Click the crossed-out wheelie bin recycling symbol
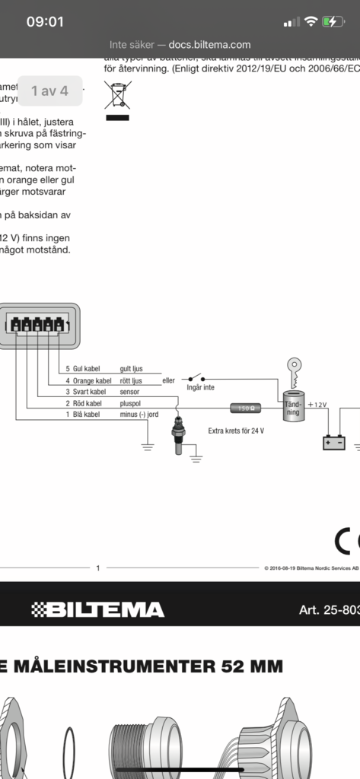[x=116, y=100]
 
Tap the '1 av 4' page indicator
[x=50, y=91]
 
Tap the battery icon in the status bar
[x=333, y=21]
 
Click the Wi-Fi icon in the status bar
[x=311, y=21]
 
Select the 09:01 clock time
[x=45, y=21]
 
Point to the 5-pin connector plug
[x=39, y=326]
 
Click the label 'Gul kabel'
[x=91, y=368]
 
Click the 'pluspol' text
[x=130, y=403]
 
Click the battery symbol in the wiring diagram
[x=333, y=442]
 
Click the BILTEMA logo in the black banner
[x=97, y=609]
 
